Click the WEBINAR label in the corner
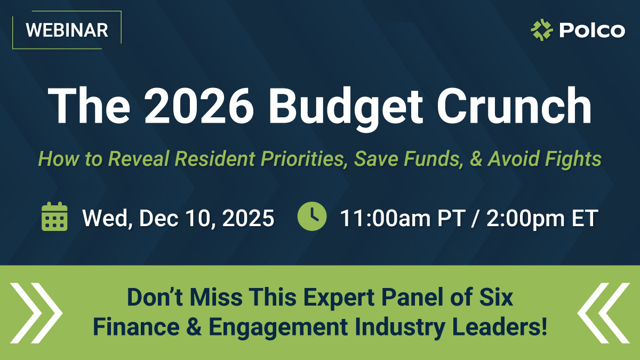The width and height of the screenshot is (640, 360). point(67,30)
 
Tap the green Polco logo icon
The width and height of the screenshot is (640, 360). point(542,30)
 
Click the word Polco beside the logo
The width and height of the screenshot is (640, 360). point(591,30)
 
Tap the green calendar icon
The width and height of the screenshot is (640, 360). point(54,217)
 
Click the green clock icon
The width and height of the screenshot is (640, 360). point(312,217)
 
